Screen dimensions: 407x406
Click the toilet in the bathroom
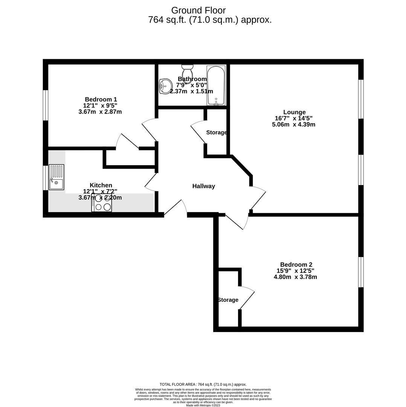[x=187, y=73]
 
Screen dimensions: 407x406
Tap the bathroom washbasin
[x=165, y=86]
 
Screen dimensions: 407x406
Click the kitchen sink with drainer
[x=56, y=177]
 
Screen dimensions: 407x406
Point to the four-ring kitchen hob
[x=102, y=203]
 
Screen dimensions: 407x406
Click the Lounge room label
[x=294, y=112]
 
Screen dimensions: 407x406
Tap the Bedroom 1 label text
[x=101, y=99]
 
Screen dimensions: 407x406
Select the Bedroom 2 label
[x=296, y=265]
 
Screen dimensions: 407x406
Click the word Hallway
[x=203, y=186]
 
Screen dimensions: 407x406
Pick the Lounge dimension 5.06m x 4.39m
[x=293, y=124]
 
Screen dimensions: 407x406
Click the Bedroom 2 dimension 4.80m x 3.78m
[x=295, y=277]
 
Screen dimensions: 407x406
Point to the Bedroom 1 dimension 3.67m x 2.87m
[x=100, y=112]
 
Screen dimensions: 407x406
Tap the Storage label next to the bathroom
[x=217, y=133]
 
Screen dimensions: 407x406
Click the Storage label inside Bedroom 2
[x=228, y=300]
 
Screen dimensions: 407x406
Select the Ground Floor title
[x=198, y=11]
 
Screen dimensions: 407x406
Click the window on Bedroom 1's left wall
[x=46, y=105]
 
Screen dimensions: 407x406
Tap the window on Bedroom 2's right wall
[x=361, y=272]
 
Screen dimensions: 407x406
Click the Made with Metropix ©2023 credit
[x=203, y=405]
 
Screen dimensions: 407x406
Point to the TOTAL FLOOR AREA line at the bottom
[x=203, y=384]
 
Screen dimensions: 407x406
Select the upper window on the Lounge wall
[x=361, y=99]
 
